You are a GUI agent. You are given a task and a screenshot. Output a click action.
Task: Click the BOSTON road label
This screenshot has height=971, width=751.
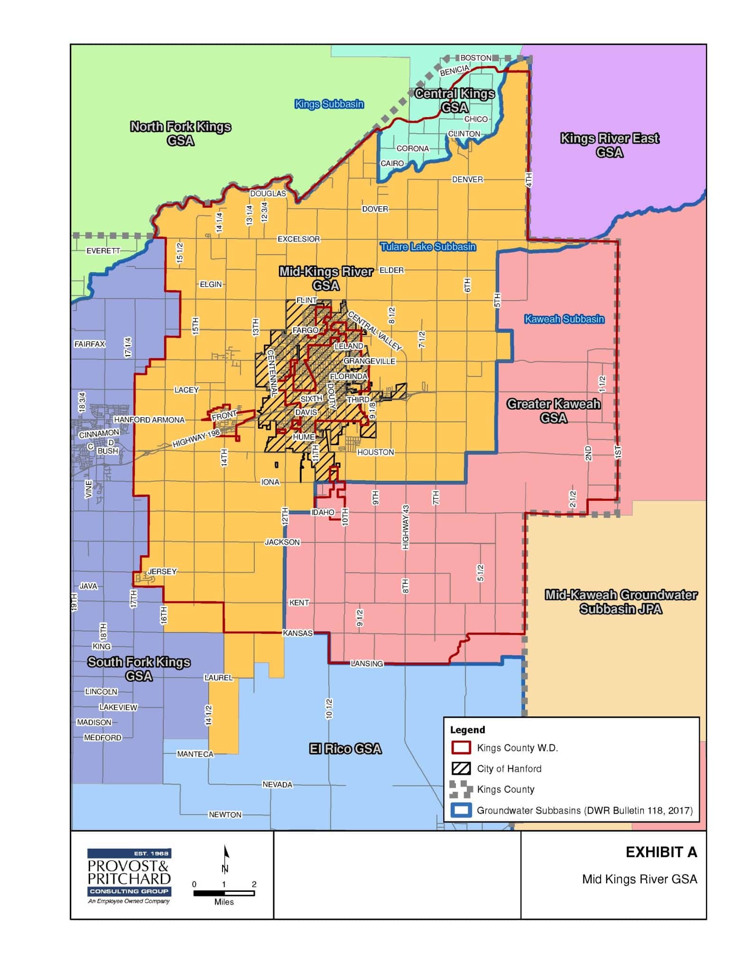click(x=476, y=58)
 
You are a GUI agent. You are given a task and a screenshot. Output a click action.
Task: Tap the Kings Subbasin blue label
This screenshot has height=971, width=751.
click(x=329, y=104)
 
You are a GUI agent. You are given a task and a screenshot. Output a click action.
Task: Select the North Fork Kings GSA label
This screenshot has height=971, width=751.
click(x=180, y=134)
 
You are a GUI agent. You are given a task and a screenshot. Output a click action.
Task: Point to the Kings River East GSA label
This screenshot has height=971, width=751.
click(x=610, y=145)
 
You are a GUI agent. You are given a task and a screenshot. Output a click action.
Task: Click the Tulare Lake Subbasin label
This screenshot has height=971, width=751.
click(x=427, y=247)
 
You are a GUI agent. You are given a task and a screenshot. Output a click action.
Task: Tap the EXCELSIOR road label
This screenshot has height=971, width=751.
click(x=298, y=239)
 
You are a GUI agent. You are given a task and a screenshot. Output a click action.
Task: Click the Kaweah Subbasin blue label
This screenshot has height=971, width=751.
click(x=564, y=319)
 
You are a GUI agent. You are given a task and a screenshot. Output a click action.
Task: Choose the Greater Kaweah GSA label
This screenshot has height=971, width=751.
click(x=554, y=411)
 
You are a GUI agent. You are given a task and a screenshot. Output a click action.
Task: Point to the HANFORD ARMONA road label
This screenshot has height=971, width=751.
click(x=149, y=420)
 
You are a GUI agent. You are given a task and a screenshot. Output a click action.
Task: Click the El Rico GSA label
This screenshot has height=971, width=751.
click(x=345, y=749)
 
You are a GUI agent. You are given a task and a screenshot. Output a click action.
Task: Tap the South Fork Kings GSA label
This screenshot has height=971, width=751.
click(x=139, y=669)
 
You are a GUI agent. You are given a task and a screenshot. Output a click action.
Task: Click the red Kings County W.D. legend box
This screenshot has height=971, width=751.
click(x=460, y=748)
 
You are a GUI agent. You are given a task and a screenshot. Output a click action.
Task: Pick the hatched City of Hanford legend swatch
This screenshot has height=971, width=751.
click(x=460, y=769)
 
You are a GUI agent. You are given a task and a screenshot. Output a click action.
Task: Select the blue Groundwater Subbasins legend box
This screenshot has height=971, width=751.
click(x=460, y=810)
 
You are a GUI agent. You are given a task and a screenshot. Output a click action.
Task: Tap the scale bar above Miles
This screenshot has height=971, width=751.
click(x=223, y=893)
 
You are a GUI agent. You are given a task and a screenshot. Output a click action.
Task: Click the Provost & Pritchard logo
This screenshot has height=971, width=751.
click(x=129, y=876)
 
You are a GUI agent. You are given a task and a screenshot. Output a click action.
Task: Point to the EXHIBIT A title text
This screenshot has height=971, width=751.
click(x=661, y=852)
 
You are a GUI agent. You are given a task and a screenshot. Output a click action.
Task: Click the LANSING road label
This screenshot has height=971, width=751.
click(x=367, y=663)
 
